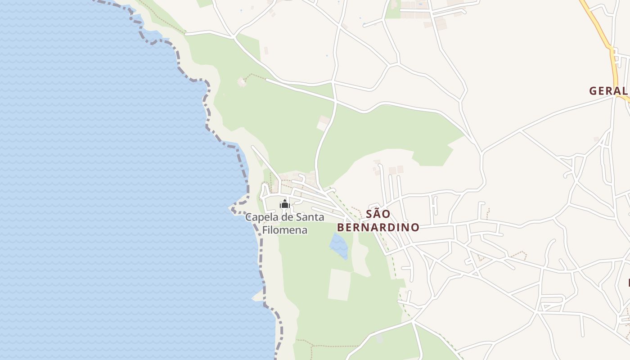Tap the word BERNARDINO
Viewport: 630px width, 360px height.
coord(378,227)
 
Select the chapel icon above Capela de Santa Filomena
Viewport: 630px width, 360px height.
coord(284,205)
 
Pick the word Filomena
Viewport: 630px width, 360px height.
coord(285,230)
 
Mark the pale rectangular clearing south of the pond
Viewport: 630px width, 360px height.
coord(339,284)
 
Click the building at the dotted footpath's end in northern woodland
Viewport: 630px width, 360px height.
coord(242,82)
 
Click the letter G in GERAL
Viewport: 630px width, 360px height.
coord(593,90)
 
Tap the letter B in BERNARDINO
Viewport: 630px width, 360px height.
coord(341,227)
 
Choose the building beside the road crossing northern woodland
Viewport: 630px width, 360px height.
coord(323,122)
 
